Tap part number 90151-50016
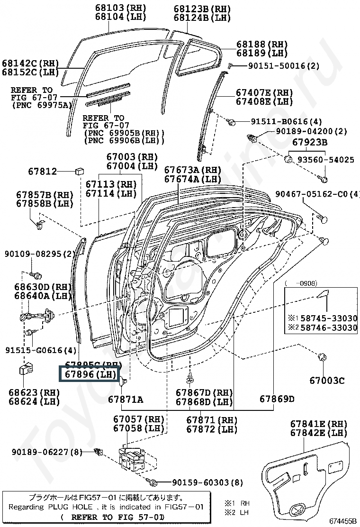(x=277, y=66)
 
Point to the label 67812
(x=42, y=172)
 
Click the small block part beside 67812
(x=80, y=170)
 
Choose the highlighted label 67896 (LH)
(x=90, y=374)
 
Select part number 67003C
(x=327, y=380)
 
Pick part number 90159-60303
(x=207, y=482)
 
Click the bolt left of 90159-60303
(x=154, y=482)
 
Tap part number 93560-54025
(x=325, y=160)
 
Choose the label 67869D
(x=277, y=399)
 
